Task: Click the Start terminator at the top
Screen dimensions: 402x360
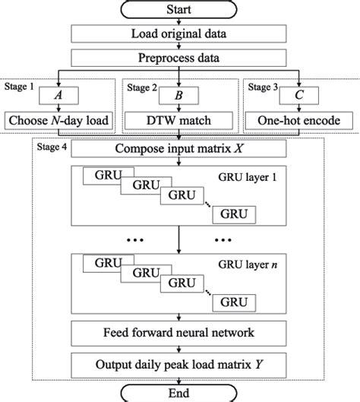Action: [x=180, y=11]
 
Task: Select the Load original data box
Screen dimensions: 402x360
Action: [x=180, y=35]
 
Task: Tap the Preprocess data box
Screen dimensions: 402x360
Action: [x=180, y=59]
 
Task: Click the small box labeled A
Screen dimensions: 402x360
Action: [x=58, y=95]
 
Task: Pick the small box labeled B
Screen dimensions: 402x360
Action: [x=180, y=95]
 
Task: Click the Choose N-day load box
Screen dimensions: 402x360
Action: [x=58, y=119]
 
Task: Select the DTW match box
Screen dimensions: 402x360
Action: [x=180, y=119]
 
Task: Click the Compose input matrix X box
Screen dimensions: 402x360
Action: [x=180, y=150]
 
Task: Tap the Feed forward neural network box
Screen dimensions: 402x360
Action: [x=180, y=333]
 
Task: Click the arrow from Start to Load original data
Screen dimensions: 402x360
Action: [x=180, y=23]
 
